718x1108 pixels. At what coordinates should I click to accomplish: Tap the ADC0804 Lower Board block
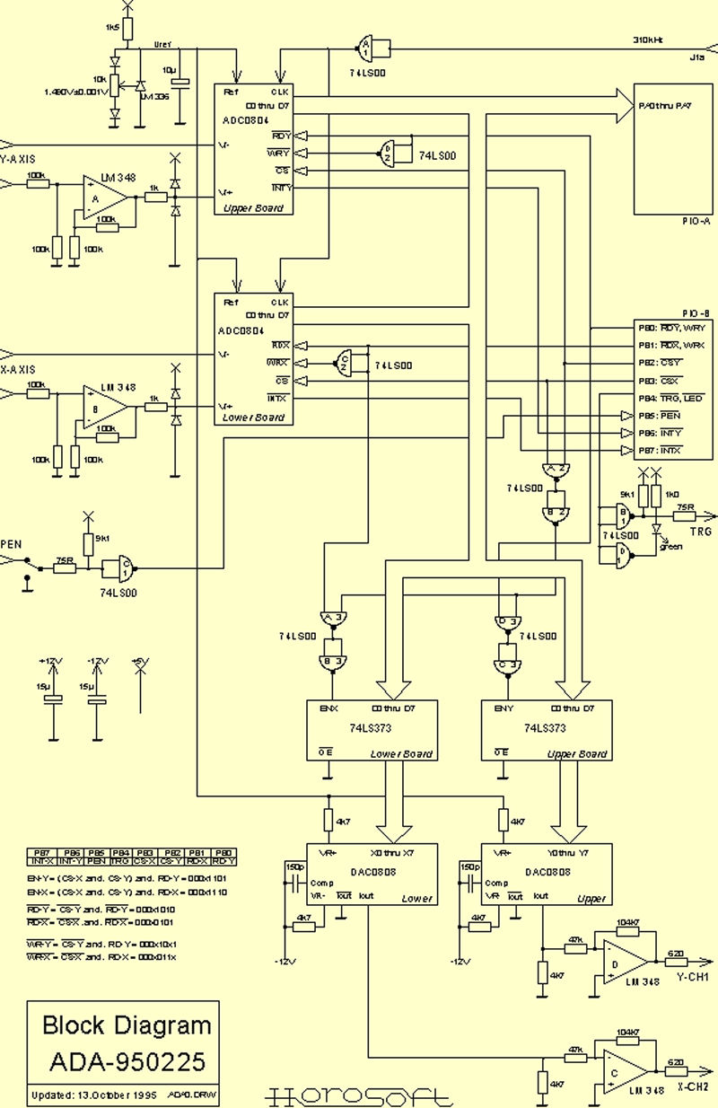pos(254,359)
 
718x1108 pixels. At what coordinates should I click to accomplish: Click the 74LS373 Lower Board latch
pos(372,730)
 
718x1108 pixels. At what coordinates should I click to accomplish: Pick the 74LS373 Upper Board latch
pos(547,730)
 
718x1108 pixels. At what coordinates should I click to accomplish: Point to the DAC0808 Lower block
pos(372,874)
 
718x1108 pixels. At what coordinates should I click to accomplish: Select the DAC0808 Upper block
pos(547,874)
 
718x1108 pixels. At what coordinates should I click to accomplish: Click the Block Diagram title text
pos(127,1024)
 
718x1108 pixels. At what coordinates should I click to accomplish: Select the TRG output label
pos(700,531)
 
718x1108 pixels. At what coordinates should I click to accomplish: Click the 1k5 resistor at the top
pos(127,30)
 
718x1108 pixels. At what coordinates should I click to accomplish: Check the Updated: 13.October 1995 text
pos(94,1095)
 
